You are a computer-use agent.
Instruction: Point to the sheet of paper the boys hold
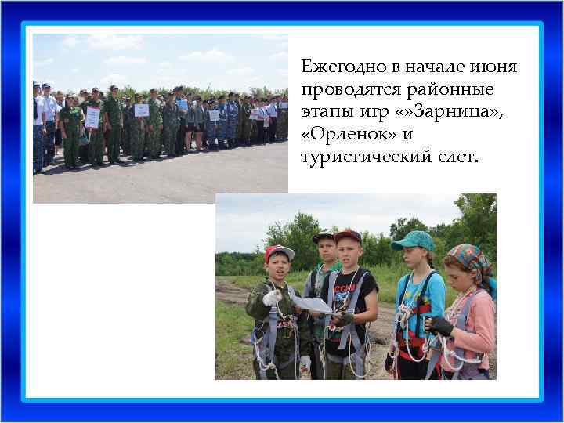pyautogui.click(x=310, y=303)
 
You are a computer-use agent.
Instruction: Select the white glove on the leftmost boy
pyautogui.click(x=273, y=298)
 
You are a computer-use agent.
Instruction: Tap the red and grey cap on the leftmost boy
pyautogui.click(x=280, y=252)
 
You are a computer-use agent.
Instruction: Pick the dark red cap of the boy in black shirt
pyautogui.click(x=347, y=236)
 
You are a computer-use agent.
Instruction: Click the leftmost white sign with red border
pyautogui.click(x=92, y=117)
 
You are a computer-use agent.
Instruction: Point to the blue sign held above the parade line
pyautogui.click(x=182, y=104)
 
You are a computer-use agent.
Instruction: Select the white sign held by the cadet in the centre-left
pyautogui.click(x=142, y=110)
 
